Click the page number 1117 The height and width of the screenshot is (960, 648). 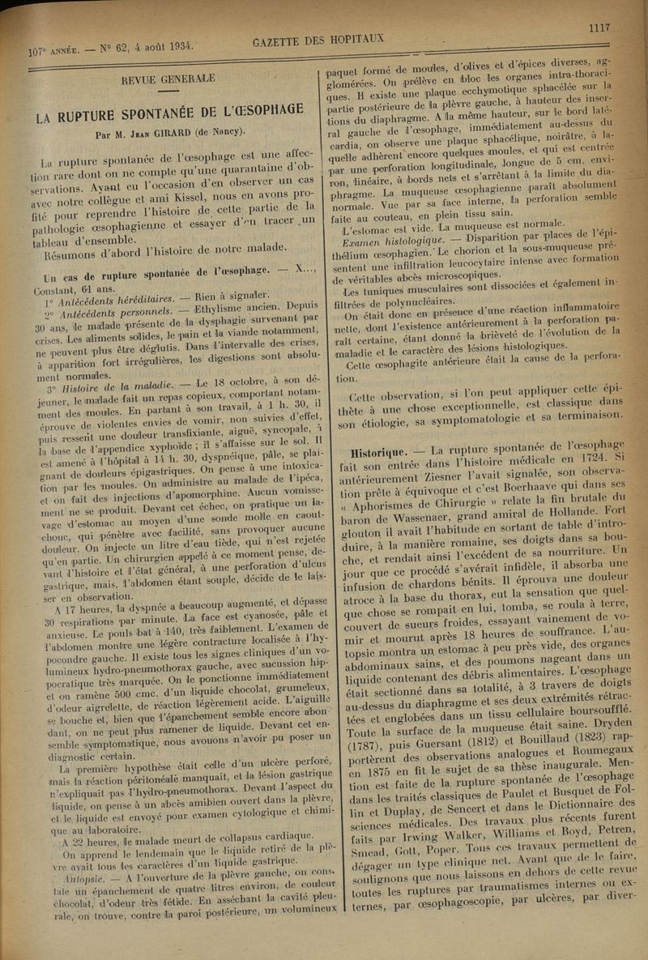(x=599, y=28)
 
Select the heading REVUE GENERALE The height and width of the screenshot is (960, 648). (x=168, y=79)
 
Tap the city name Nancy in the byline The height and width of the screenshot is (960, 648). (x=227, y=132)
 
